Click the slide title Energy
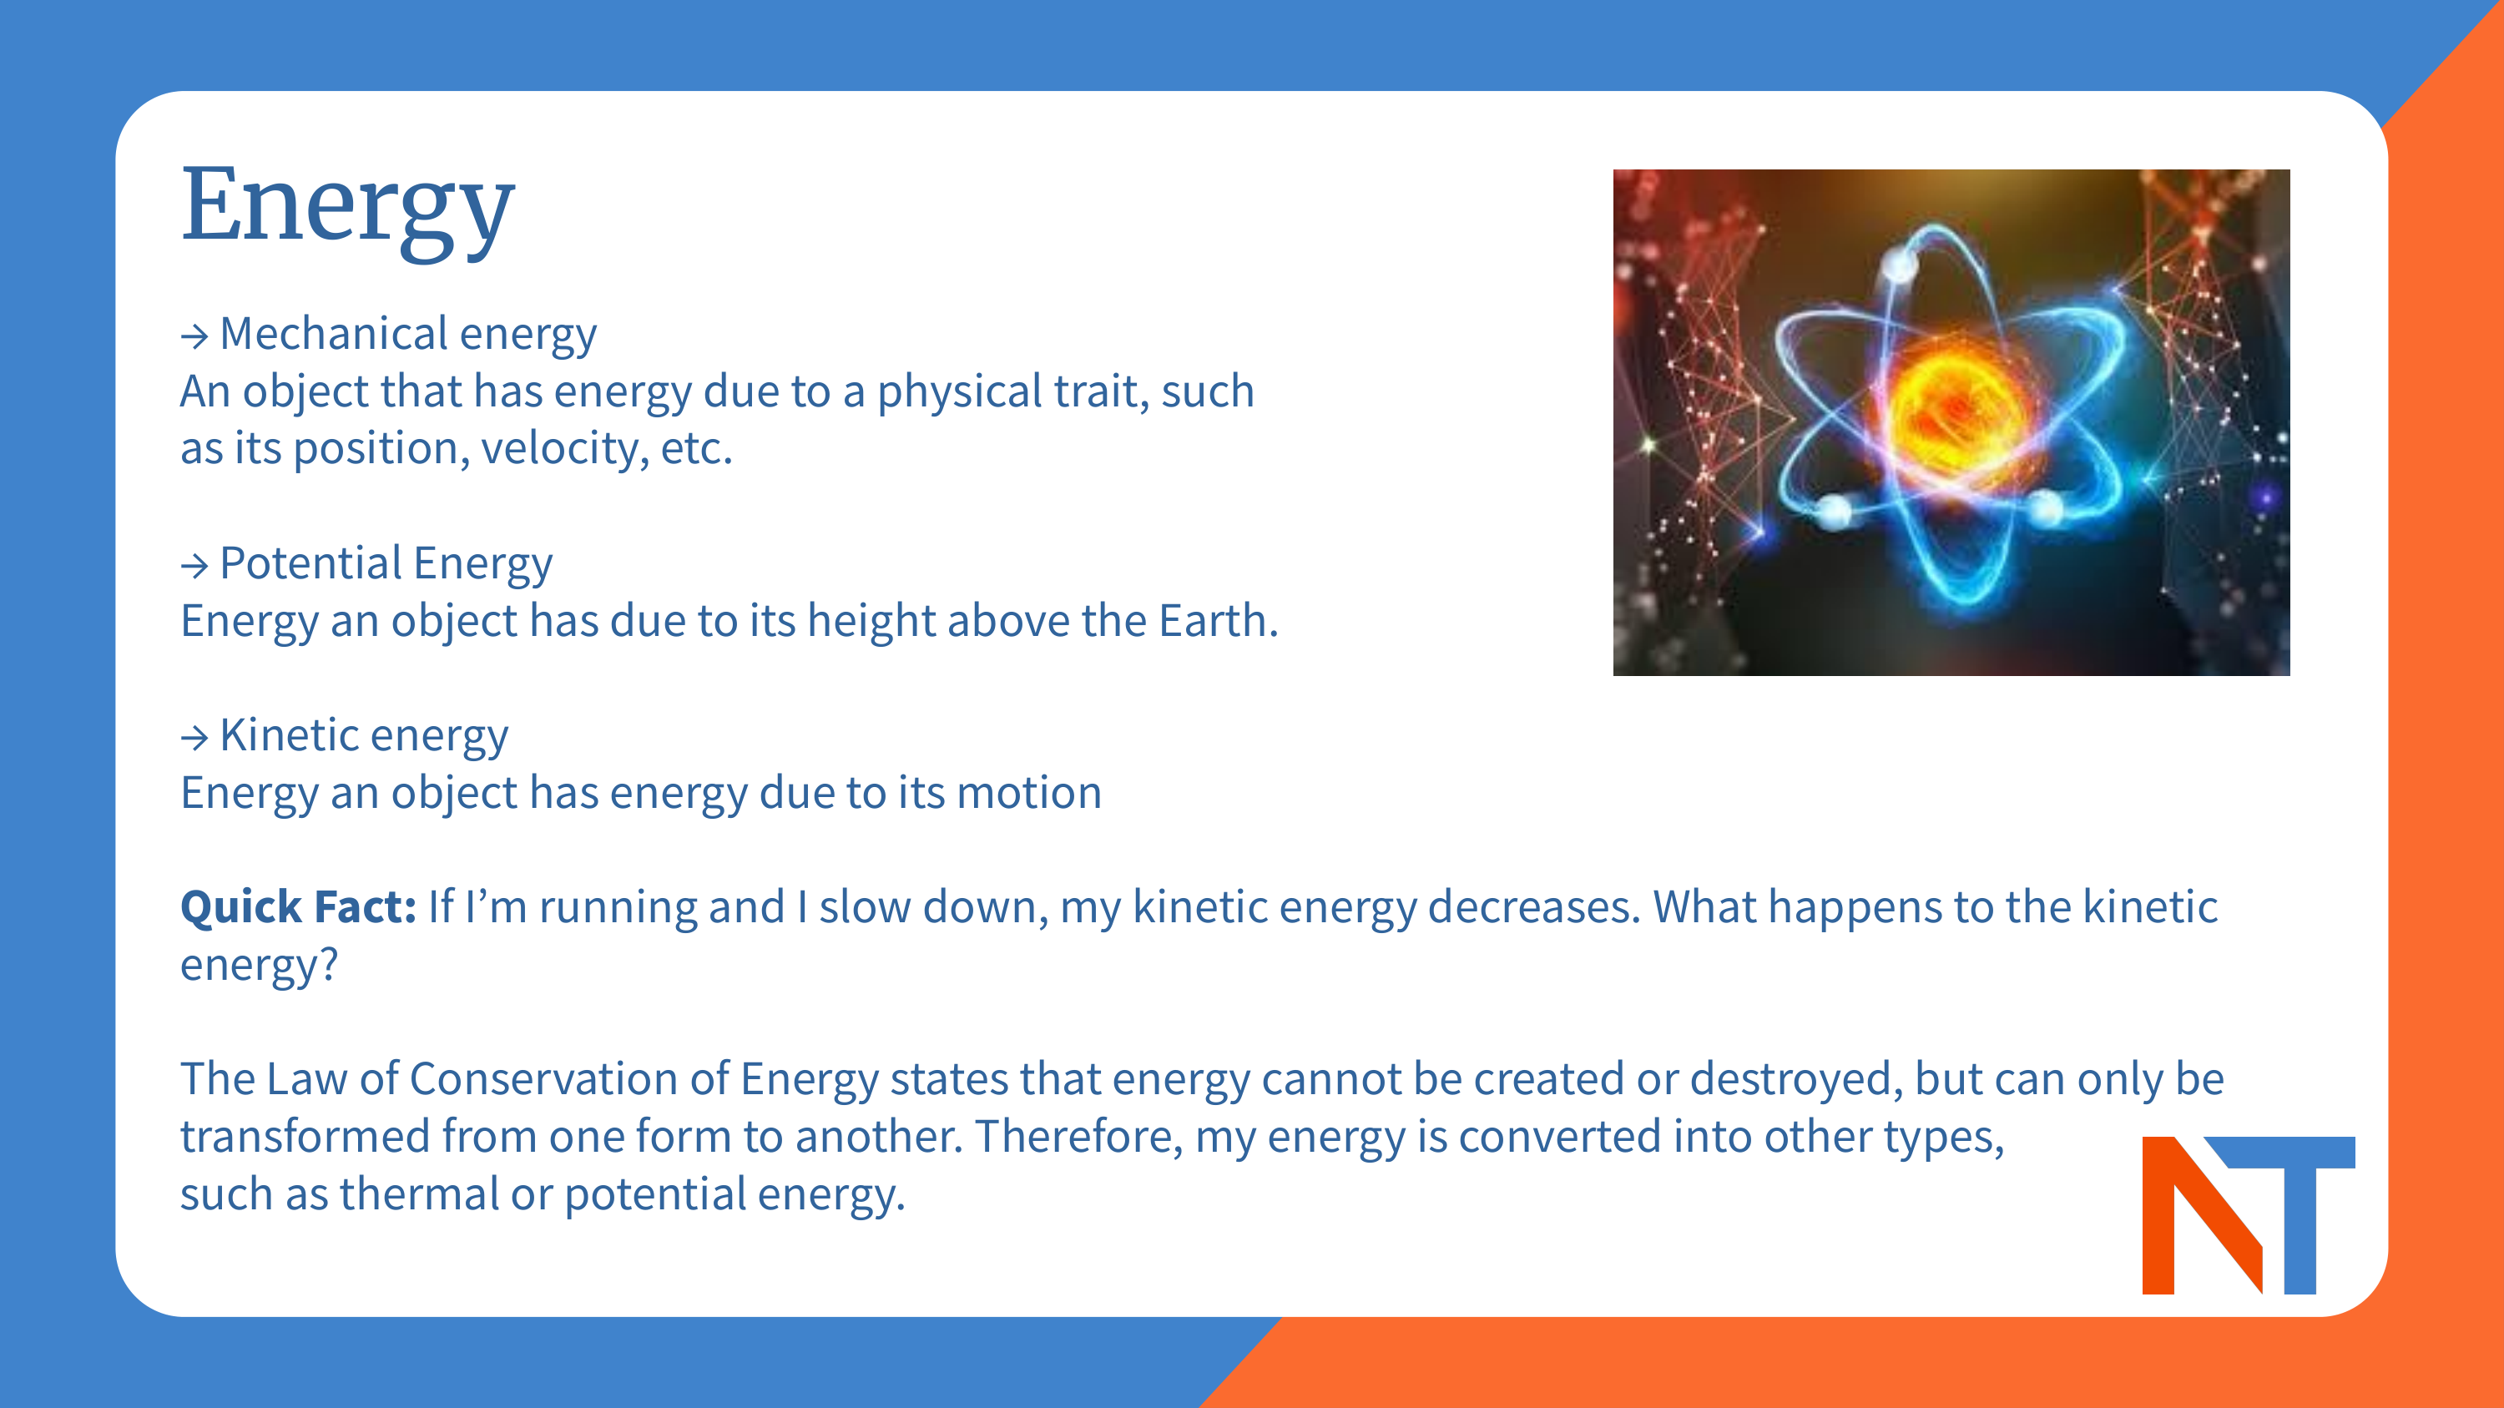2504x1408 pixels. [347, 206]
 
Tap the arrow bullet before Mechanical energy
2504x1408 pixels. [194, 336]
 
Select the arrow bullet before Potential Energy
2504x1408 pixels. [194, 566]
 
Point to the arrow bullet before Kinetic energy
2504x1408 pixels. [194, 738]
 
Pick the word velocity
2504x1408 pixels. [563, 448]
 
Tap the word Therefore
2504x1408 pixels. [1077, 1136]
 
